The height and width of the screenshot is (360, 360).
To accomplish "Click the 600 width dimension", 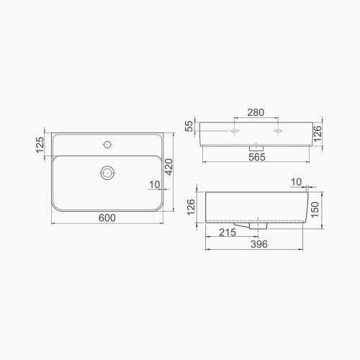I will click(x=107, y=218).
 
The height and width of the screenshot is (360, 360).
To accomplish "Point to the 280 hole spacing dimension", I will click(x=256, y=113).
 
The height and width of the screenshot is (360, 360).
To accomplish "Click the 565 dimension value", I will click(x=258, y=157).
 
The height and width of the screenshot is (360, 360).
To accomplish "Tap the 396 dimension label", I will click(x=258, y=245).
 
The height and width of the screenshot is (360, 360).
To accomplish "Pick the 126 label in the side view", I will click(x=192, y=207).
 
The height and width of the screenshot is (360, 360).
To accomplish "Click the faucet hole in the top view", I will click(x=108, y=145).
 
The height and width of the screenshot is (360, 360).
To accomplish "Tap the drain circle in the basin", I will click(x=108, y=172).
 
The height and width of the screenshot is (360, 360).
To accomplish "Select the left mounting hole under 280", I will click(x=235, y=132).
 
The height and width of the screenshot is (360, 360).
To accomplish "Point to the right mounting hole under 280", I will click(x=278, y=132).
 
